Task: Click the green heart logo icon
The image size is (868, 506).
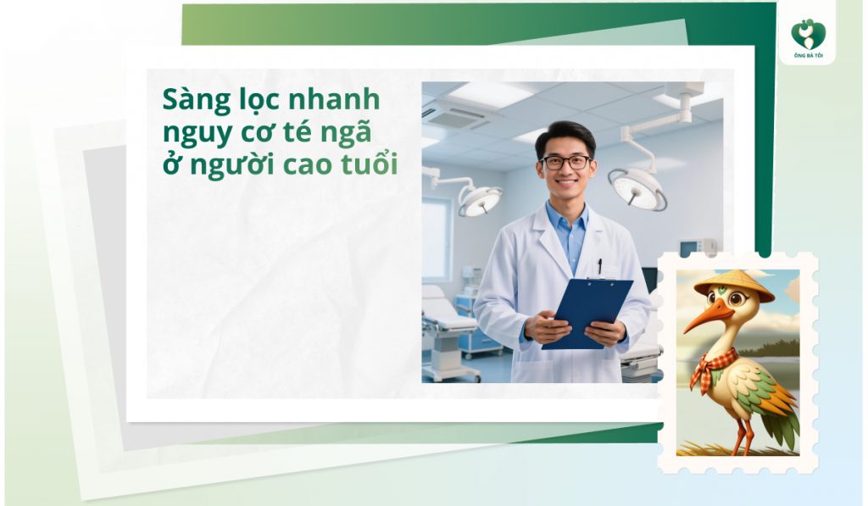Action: pyautogui.click(x=808, y=35)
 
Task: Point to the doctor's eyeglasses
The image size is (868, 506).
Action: pyautogui.click(x=565, y=162)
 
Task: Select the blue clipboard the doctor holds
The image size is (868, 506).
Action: pyautogui.click(x=588, y=312)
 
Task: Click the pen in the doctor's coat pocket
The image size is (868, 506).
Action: pyautogui.click(x=599, y=265)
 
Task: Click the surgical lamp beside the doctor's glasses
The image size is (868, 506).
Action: pyautogui.click(x=637, y=186)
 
